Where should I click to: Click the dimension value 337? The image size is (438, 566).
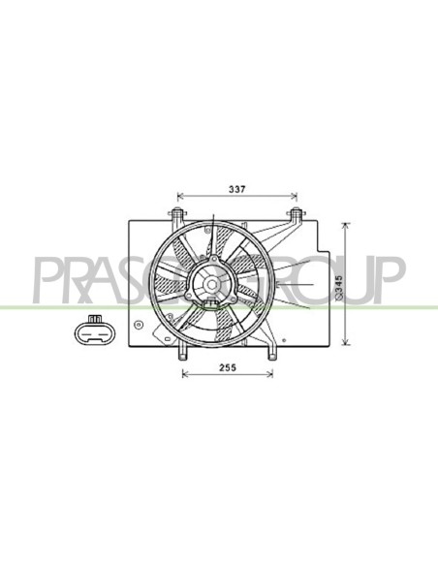tap(237, 189)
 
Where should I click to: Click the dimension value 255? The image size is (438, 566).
tap(228, 367)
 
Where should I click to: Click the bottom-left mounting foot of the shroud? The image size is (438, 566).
tap(183, 353)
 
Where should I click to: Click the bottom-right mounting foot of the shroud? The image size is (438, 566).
tap(271, 353)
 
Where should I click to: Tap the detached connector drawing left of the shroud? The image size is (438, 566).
tap(95, 330)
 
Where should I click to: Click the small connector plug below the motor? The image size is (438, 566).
tap(211, 303)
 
